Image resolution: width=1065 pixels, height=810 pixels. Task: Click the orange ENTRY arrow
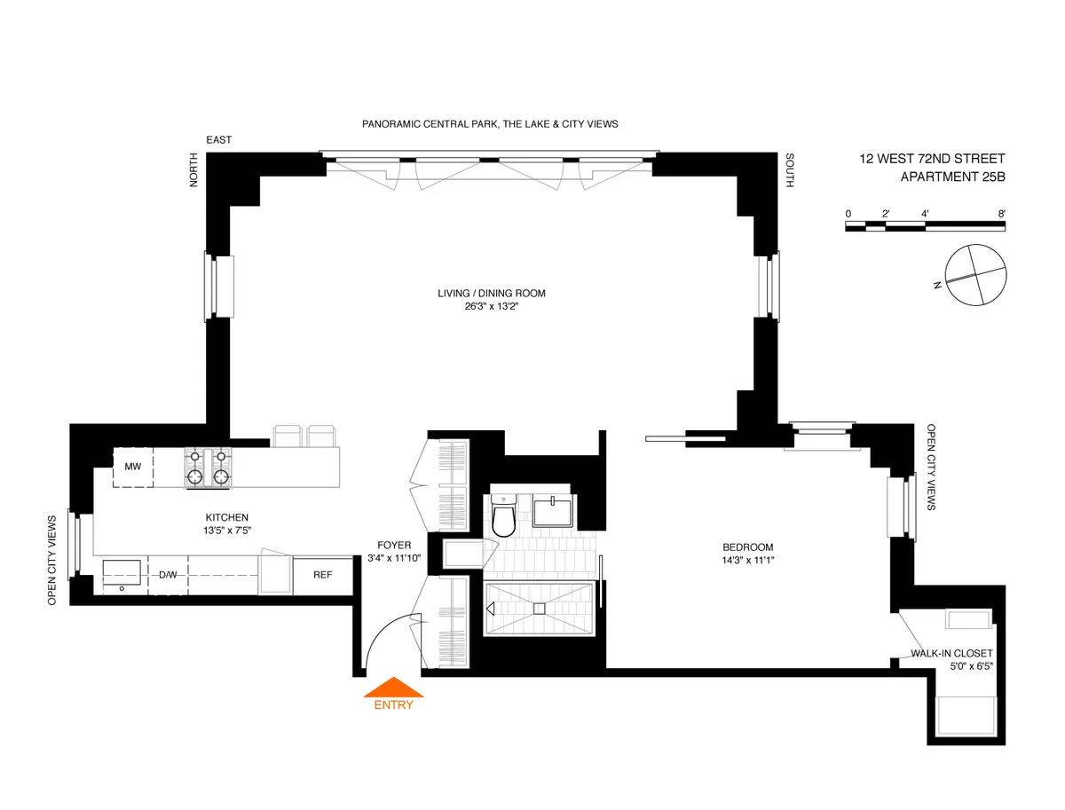392,688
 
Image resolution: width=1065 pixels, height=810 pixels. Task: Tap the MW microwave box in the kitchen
133,467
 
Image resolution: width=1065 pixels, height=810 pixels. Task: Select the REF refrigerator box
322,575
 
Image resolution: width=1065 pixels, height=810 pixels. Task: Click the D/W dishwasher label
168,575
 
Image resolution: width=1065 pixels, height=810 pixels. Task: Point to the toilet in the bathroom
503,519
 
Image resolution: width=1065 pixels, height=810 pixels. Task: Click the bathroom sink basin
555,513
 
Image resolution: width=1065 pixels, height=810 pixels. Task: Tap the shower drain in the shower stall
538,609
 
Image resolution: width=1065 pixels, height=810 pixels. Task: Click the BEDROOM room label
747,547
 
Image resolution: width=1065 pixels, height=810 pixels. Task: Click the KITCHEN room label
227,517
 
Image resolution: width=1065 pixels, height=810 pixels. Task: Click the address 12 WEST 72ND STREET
932,159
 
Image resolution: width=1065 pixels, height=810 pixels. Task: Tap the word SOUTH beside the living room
789,170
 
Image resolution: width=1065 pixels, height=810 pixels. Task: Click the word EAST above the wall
218,140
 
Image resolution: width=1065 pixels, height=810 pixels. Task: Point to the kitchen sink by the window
122,574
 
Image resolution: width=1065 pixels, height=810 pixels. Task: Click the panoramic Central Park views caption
490,124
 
